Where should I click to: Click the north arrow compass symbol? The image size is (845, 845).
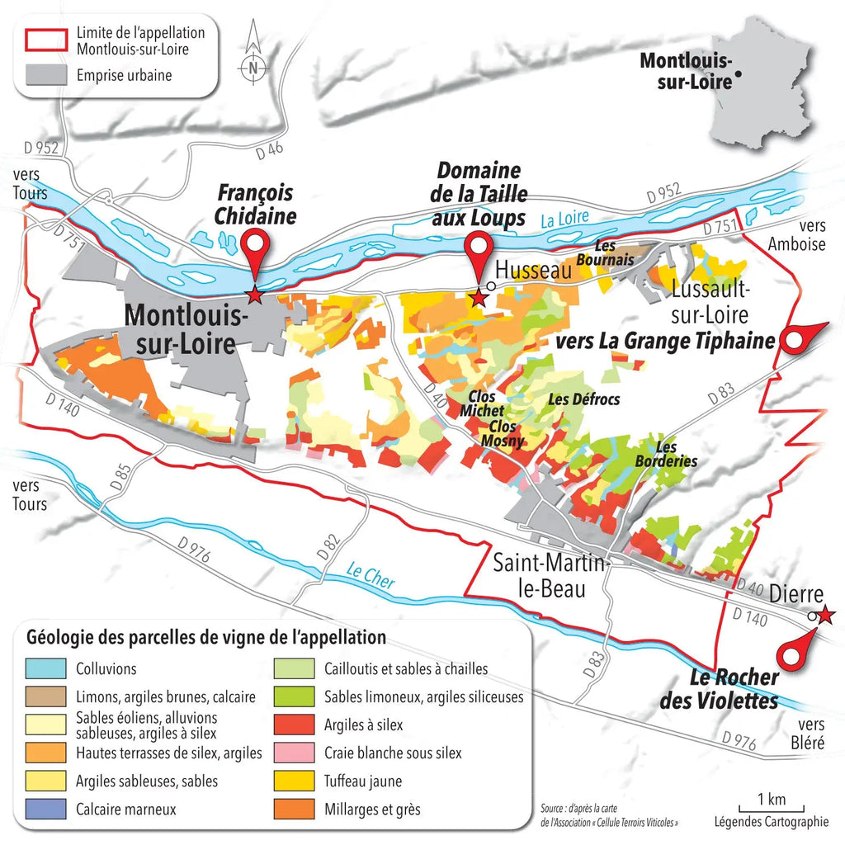(253, 58)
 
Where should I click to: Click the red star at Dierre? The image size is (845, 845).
(826, 615)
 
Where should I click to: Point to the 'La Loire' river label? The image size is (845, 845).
(565, 218)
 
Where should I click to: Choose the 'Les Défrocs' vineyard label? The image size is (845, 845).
(583, 399)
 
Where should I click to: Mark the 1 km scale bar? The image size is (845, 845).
(771, 805)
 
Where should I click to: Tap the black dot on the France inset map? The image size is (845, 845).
(739, 74)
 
